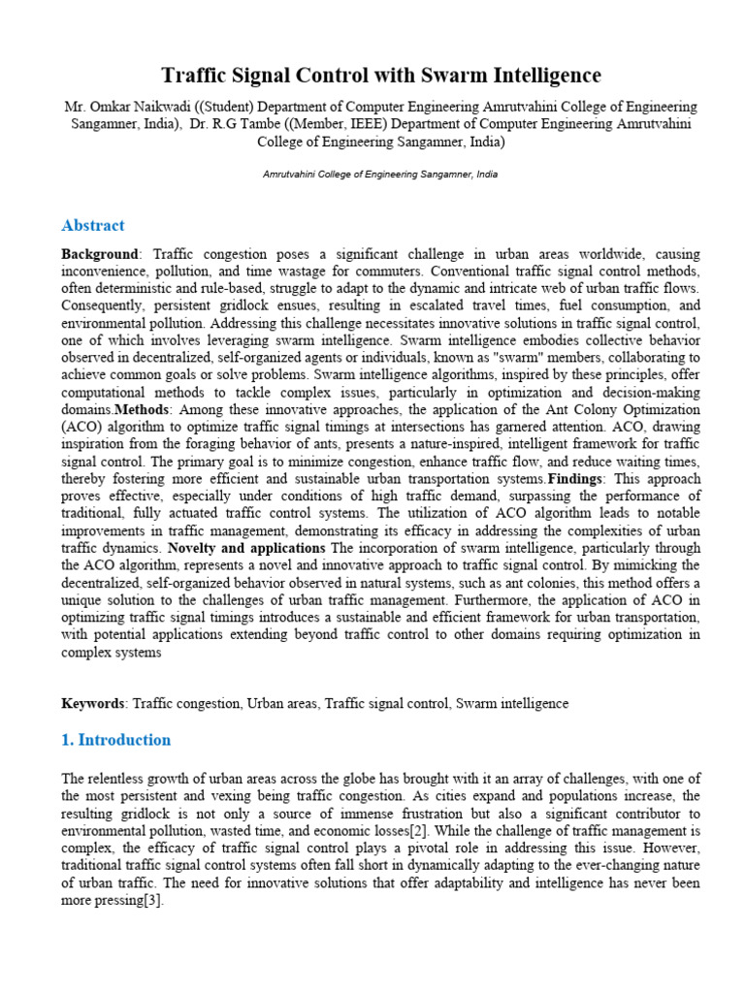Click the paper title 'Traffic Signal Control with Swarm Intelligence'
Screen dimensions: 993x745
tap(380, 75)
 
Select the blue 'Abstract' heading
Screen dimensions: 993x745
tap(93, 225)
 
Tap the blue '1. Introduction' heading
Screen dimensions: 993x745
tap(115, 740)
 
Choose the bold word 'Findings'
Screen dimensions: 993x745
tap(579, 480)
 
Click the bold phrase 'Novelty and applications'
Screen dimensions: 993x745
tap(249, 549)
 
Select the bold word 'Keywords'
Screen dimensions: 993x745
tap(92, 703)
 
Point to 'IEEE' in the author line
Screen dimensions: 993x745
tap(408, 124)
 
